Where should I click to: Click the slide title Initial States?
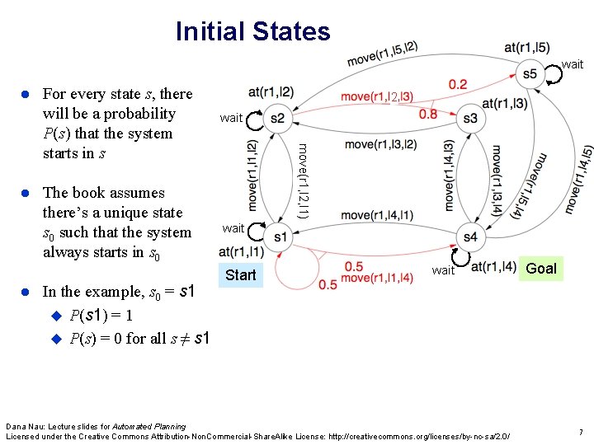(x=252, y=32)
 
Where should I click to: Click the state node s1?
(x=279, y=237)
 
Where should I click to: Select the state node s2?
(x=277, y=119)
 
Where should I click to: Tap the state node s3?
(x=470, y=119)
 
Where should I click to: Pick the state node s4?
(x=470, y=237)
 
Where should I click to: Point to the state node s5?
(x=529, y=74)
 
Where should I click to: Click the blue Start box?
(x=240, y=274)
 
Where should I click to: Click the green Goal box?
(x=541, y=268)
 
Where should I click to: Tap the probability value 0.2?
(x=458, y=84)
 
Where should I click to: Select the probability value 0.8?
(x=428, y=114)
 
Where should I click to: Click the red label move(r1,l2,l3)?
(x=377, y=97)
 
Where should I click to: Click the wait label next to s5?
(x=572, y=64)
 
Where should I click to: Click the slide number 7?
(x=581, y=432)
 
